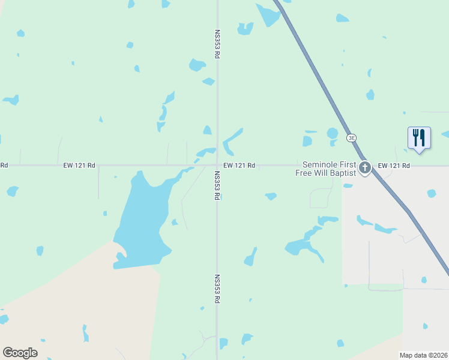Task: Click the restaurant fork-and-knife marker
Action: pyautogui.click(x=419, y=138)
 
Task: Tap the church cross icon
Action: pyautogui.click(x=364, y=169)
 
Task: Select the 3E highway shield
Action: pyautogui.click(x=352, y=137)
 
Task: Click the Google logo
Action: pyautogui.click(x=20, y=353)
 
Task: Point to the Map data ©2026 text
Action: pyautogui.click(x=424, y=355)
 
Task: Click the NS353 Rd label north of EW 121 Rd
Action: pyautogui.click(x=217, y=44)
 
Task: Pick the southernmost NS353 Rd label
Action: pyautogui.click(x=217, y=289)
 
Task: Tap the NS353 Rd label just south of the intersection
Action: pyautogui.click(x=217, y=185)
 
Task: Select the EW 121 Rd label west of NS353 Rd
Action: pyautogui.click(x=79, y=165)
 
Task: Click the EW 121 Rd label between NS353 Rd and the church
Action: pyautogui.click(x=240, y=165)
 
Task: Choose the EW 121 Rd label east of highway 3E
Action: pyautogui.click(x=394, y=165)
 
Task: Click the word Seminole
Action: pyautogui.click(x=322, y=164)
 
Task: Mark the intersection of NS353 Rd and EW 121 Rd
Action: pyautogui.click(x=217, y=166)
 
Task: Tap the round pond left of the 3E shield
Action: pyautogui.click(x=332, y=133)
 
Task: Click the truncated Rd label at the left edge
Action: pyautogui.click(x=4, y=165)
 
